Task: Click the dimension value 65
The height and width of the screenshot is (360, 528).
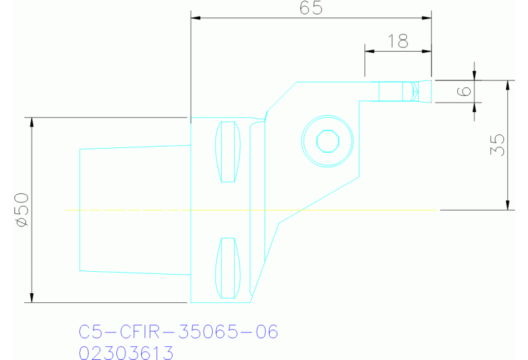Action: click(311, 8)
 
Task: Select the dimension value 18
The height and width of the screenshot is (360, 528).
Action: click(397, 41)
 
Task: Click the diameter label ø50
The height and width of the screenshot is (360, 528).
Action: click(20, 209)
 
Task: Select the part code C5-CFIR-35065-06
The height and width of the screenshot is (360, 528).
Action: click(178, 332)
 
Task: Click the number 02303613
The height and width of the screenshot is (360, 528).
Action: click(126, 353)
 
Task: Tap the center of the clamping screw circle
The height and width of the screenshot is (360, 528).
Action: click(328, 141)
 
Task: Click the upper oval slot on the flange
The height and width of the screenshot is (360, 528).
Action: click(227, 151)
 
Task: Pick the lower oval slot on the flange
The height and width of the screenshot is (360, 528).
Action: click(227, 268)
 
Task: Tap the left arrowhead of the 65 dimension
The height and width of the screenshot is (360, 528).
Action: click(195, 18)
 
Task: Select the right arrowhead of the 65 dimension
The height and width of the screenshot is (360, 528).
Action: click(427, 18)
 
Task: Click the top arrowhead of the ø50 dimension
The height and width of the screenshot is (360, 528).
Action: click(30, 122)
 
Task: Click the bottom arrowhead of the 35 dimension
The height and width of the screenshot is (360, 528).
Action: click(508, 205)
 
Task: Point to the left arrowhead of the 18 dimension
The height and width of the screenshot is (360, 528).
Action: click(368, 51)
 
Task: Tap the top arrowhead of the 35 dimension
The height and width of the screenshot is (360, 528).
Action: click(508, 85)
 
